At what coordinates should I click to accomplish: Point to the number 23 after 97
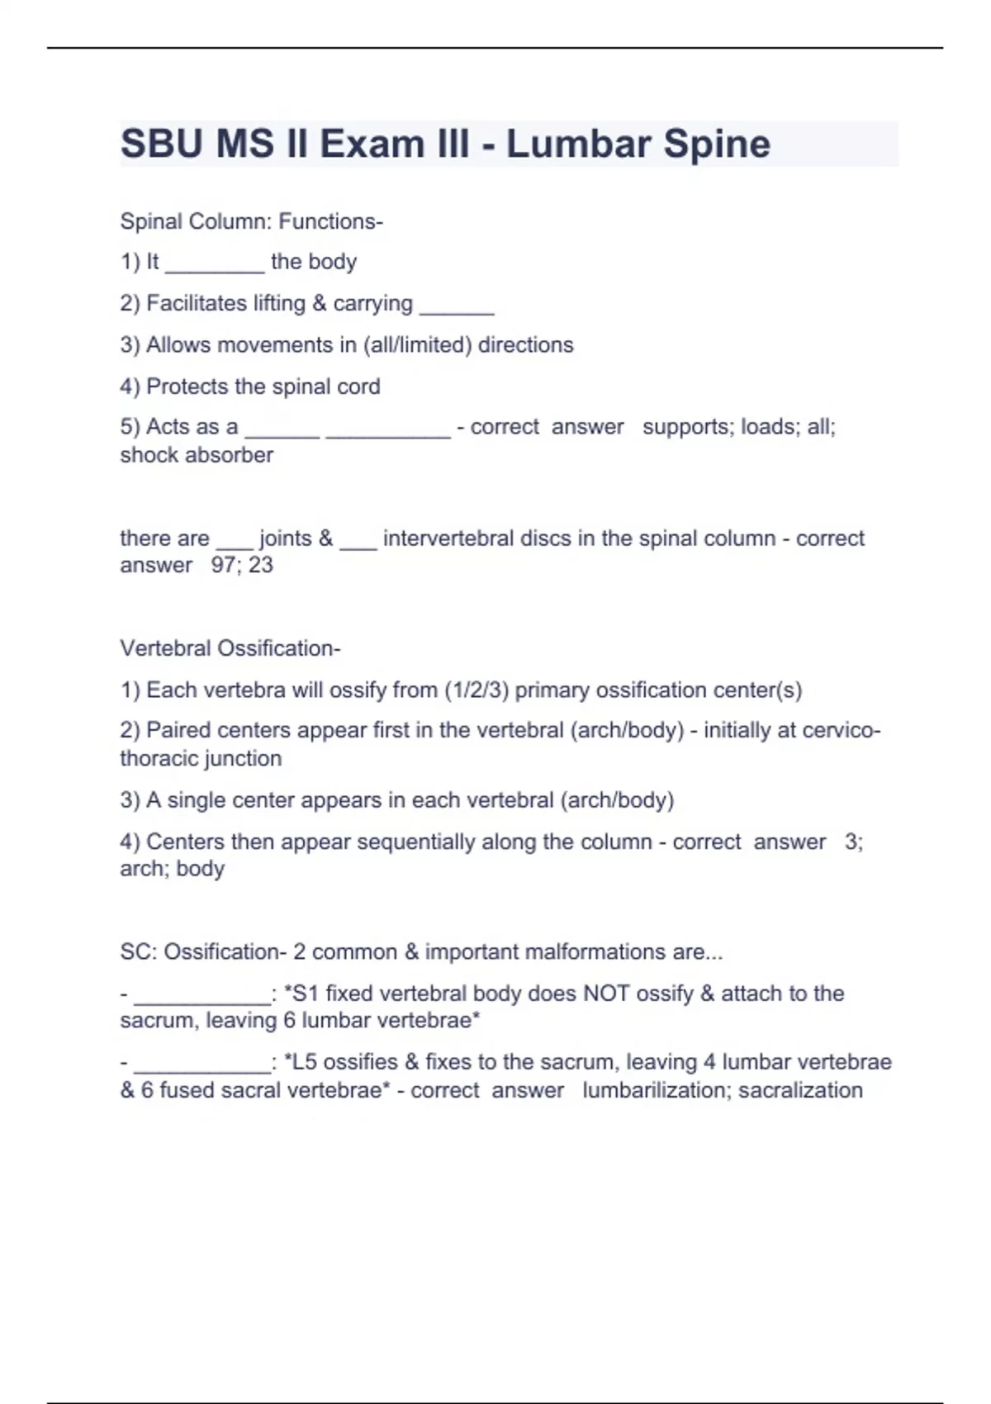point(261,565)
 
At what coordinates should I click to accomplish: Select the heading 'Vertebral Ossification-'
point(230,648)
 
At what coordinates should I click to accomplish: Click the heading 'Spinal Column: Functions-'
point(252,221)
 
